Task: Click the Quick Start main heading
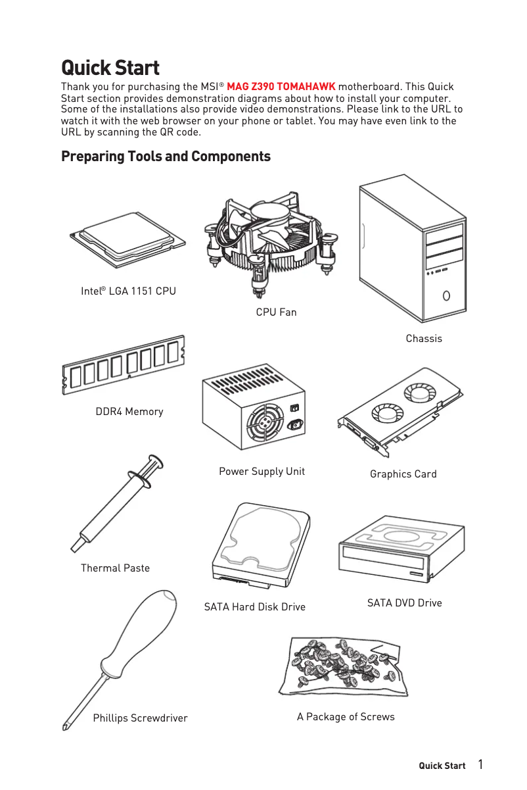(x=110, y=68)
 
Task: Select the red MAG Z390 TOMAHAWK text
(x=281, y=87)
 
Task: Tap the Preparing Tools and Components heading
(x=166, y=157)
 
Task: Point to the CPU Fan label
(x=276, y=312)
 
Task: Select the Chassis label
(x=424, y=339)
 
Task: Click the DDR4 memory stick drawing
(x=124, y=364)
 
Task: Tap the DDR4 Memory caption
(x=129, y=412)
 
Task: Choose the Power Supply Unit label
(x=262, y=472)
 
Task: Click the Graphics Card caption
(x=403, y=474)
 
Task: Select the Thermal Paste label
(x=115, y=568)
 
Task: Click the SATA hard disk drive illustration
(x=261, y=546)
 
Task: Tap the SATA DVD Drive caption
(x=404, y=603)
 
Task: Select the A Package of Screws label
(x=346, y=717)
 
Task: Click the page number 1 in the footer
(x=480, y=764)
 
